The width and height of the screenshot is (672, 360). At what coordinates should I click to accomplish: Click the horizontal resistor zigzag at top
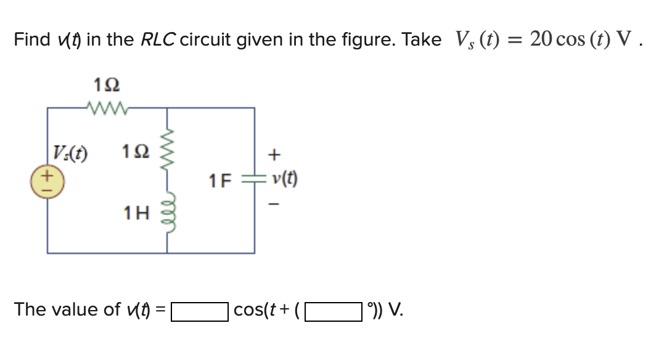coord(107,108)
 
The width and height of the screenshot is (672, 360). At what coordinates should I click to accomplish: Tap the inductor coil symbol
coord(167,214)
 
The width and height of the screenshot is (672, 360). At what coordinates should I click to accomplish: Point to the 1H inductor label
coord(136,214)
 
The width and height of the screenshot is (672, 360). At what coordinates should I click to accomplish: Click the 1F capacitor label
coord(219,181)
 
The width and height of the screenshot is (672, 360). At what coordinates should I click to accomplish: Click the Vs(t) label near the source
coord(70,152)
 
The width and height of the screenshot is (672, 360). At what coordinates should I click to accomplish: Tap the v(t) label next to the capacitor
coord(284,180)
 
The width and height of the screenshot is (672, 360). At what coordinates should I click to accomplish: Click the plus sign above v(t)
coord(276,152)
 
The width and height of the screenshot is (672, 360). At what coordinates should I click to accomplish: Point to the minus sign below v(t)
coord(276,203)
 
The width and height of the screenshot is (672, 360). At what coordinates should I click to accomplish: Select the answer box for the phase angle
coord(333,309)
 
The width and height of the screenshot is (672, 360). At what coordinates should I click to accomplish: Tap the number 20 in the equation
coord(543,40)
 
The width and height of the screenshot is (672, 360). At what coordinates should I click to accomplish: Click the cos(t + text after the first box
coord(264,309)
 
